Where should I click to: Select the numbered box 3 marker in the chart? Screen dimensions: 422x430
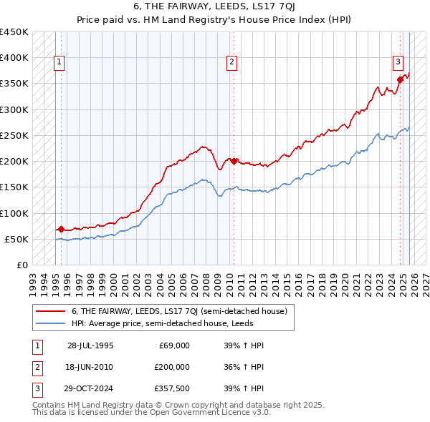(x=398, y=62)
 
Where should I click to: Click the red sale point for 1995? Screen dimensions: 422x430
(x=61, y=230)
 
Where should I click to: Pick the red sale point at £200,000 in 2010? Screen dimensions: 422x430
(x=234, y=161)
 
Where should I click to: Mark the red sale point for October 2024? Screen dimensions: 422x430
(x=400, y=79)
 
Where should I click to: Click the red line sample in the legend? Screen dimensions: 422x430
(x=51, y=311)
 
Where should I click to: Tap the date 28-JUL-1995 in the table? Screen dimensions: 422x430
(x=90, y=345)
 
